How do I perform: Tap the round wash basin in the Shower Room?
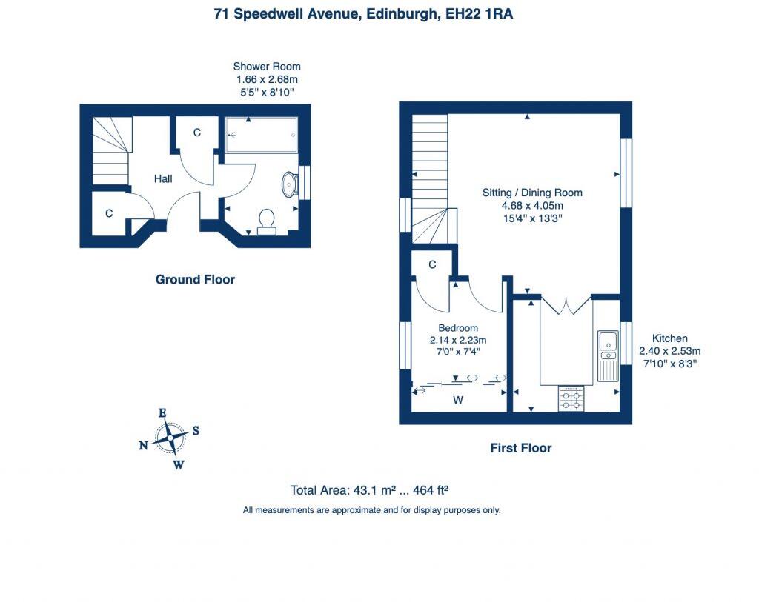pos(290,184)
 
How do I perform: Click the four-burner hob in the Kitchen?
pos(571,399)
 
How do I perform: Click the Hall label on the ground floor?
pos(163,178)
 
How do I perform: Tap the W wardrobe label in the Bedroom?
pos(458,401)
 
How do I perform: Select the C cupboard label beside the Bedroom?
pos(432,264)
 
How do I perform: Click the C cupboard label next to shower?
pos(197,133)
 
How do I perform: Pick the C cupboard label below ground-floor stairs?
pos(109,213)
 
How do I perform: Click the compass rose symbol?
pos(170,438)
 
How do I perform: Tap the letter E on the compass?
pos(162,413)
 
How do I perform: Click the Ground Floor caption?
pos(195,279)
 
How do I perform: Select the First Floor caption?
pos(520,447)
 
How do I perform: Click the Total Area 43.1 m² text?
pos(370,489)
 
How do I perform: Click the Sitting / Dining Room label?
pos(532,193)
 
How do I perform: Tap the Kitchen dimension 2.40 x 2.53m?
pos(669,351)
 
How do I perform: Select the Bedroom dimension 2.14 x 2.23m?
pos(458,340)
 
